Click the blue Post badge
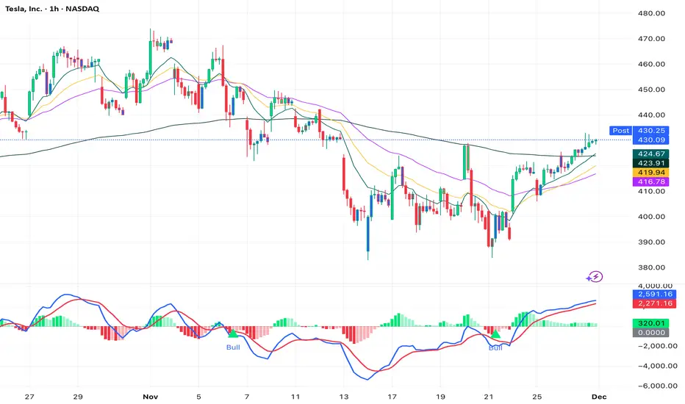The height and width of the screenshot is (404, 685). [x=620, y=131]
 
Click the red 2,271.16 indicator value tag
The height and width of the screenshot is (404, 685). [x=650, y=303]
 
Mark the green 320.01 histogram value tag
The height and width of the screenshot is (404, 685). [x=650, y=322]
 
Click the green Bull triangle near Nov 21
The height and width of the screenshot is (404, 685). [x=496, y=335]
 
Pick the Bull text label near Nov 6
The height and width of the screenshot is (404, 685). [x=233, y=347]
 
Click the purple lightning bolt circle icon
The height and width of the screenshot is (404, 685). [x=596, y=277]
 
